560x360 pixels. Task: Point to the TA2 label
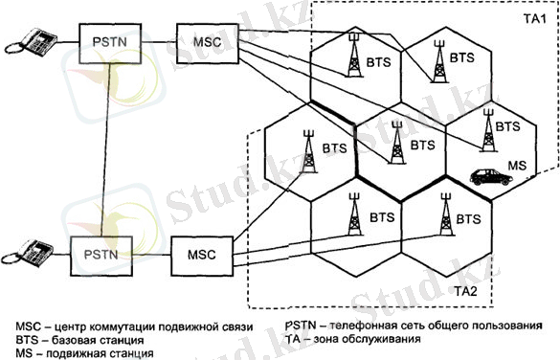[x=465, y=289]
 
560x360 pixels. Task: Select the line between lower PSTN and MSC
[x=151, y=258]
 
